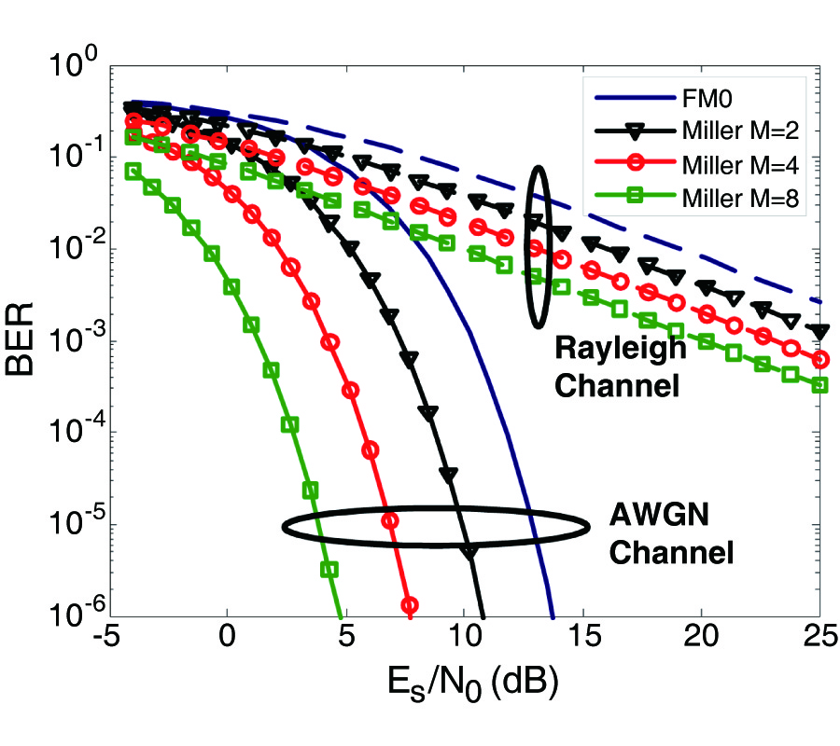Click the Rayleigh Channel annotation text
tap(619, 366)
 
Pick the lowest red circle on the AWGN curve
tap(409, 604)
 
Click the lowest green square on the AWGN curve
tap(329, 569)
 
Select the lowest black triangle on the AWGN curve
tap(469, 552)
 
